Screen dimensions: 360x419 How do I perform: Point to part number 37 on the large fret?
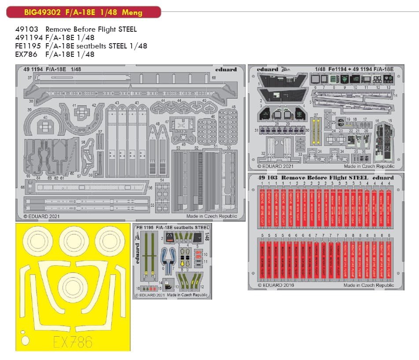coord(29,78)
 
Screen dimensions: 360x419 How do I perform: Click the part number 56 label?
coord(151,188)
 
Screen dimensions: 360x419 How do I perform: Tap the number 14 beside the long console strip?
coord(395,96)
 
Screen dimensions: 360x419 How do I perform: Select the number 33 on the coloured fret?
coord(300,154)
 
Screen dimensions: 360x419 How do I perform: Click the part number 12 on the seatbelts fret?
coord(202,286)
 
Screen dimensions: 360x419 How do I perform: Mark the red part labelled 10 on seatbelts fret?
coord(198,254)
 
